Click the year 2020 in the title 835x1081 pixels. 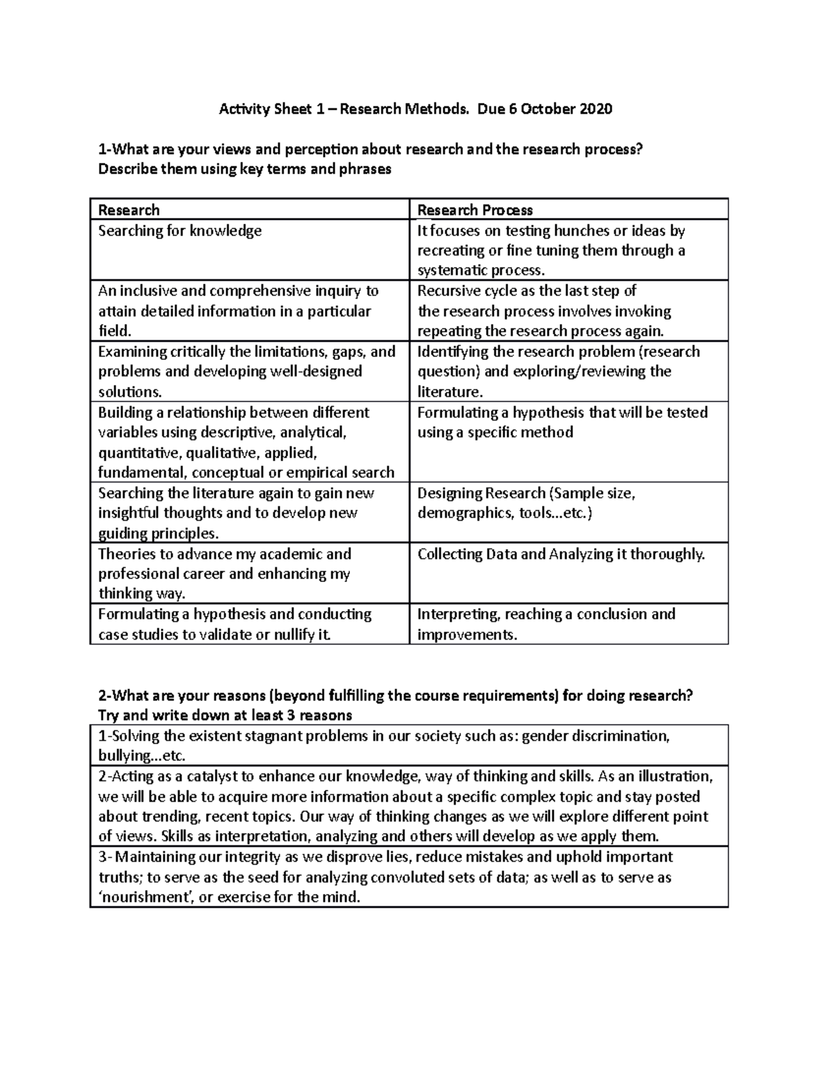596,109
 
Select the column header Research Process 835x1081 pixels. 475,210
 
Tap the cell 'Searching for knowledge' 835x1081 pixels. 180,230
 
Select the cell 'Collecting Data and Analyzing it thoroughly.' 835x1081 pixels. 561,554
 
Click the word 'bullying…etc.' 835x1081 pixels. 142,756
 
